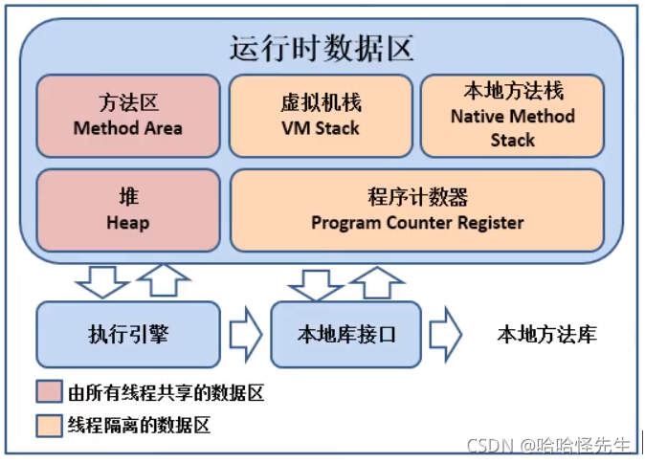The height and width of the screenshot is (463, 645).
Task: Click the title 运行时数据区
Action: click(322, 47)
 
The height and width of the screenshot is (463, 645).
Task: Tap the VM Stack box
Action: click(320, 115)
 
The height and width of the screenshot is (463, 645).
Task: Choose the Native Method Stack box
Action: click(512, 115)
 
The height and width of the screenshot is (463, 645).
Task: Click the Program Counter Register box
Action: click(416, 210)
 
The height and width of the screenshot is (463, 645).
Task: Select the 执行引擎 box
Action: click(127, 334)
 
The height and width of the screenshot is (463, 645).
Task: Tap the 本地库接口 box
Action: click(345, 334)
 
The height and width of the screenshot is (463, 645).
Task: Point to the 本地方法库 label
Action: click(546, 334)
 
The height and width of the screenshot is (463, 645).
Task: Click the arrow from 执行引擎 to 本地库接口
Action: click(246, 334)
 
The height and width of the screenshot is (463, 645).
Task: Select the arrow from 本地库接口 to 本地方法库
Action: click(445, 334)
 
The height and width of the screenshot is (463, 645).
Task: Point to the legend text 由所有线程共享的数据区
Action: click(166, 392)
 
